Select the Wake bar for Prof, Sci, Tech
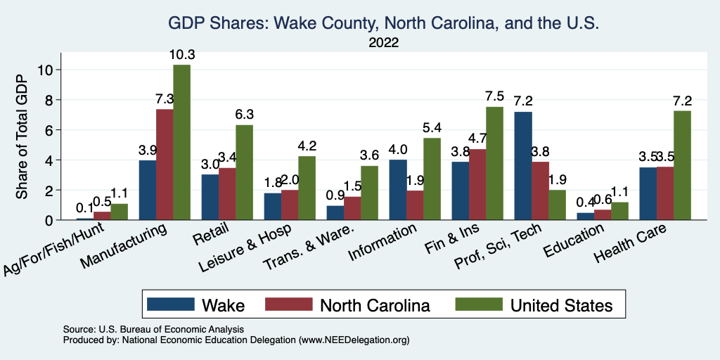(x=522, y=166)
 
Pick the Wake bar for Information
(x=397, y=190)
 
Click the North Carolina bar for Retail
(x=226, y=194)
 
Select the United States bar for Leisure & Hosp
(x=307, y=188)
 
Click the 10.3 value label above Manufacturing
(x=181, y=54)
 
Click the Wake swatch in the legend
(x=170, y=304)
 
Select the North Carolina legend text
(x=374, y=305)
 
